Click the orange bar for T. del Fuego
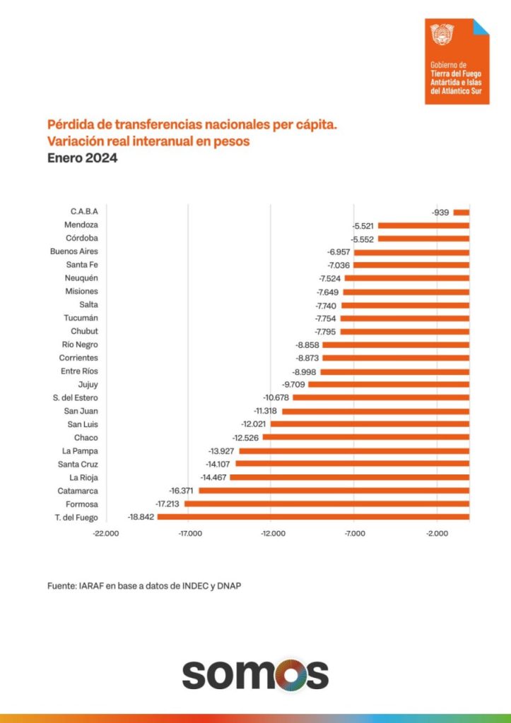pyautogui.click(x=313, y=517)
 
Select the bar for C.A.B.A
pyautogui.click(x=461, y=212)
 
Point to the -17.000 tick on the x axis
pyautogui.click(x=189, y=533)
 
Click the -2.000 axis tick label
pyautogui.click(x=437, y=533)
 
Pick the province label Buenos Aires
pyautogui.click(x=74, y=251)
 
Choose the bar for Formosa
pyautogui.click(x=327, y=503)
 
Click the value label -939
pyautogui.click(x=440, y=212)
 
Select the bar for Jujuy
pyautogui.click(x=389, y=384)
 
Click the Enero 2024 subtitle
pyautogui.click(x=82, y=159)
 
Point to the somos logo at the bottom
pyautogui.click(x=255, y=675)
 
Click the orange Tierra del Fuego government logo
pyautogui.click(x=457, y=61)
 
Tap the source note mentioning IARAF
pyautogui.click(x=148, y=585)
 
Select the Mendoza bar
pyautogui.click(x=423, y=225)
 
